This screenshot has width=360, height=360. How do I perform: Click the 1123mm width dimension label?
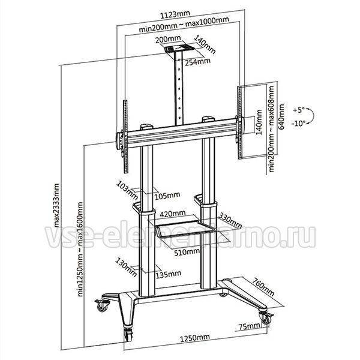tap(175, 14)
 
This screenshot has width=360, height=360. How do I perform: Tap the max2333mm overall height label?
tap(56, 205)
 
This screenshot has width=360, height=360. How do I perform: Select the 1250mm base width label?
tap(194, 338)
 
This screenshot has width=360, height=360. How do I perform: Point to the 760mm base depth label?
tap(263, 287)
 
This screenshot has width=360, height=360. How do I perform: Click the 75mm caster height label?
tap(250, 326)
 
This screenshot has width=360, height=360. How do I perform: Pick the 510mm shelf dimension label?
tap(187, 252)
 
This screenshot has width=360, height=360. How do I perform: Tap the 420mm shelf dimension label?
tap(172, 214)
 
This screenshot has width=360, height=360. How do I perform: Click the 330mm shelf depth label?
tap(230, 220)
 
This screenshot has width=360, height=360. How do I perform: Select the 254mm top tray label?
tap(197, 62)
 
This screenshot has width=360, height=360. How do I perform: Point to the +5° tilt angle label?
tap(299, 110)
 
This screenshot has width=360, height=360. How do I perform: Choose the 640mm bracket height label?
tap(281, 117)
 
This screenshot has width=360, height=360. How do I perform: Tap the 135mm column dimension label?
tap(168, 275)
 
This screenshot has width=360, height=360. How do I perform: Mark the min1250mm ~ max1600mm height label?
tap(80, 250)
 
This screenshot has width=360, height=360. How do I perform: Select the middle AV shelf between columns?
tap(185, 229)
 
